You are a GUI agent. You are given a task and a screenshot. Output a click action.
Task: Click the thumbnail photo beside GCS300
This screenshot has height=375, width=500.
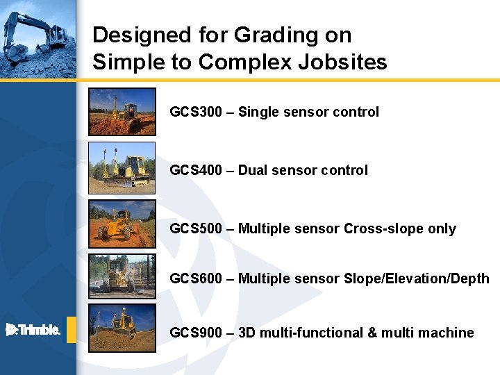[122, 111]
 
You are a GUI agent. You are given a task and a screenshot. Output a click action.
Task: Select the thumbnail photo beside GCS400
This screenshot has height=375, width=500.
[122, 167]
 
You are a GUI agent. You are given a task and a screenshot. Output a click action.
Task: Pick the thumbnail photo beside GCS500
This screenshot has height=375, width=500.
[122, 224]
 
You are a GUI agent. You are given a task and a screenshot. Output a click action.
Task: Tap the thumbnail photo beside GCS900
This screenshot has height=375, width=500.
[122, 328]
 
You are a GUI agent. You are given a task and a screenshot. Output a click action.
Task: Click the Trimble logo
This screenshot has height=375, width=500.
[33, 330]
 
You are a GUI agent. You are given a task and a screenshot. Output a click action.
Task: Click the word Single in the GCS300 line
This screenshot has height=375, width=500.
[258, 112]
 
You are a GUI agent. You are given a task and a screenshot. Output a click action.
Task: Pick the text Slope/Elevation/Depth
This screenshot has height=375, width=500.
[416, 278]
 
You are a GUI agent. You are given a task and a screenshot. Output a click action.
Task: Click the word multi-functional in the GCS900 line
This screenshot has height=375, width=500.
[301, 333]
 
